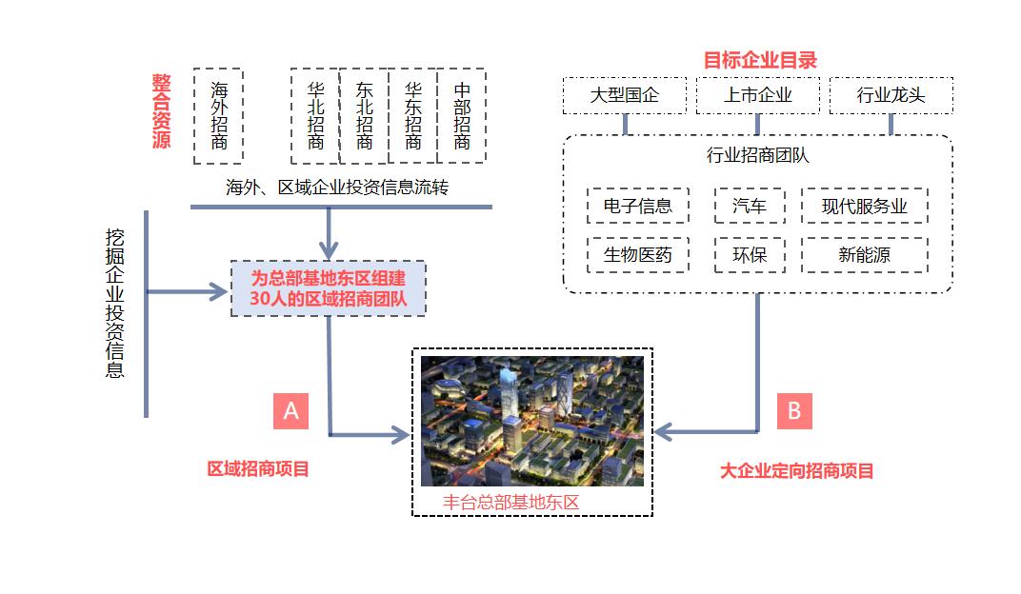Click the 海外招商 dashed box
[x=218, y=115]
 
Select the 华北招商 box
[x=315, y=115]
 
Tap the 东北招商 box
[x=364, y=115]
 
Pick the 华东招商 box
[x=412, y=115]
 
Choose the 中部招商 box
[x=462, y=115]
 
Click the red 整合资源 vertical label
[x=160, y=111]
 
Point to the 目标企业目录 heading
[x=760, y=60]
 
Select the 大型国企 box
[x=625, y=95]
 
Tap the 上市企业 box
[x=757, y=95]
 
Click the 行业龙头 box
[x=891, y=95]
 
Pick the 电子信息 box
[x=637, y=206]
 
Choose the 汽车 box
[x=749, y=206]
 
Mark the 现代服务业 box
[x=864, y=206]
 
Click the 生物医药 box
[x=637, y=255]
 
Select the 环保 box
[x=749, y=255]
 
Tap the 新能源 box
[x=864, y=255]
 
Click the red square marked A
[x=291, y=410]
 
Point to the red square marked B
[x=794, y=410]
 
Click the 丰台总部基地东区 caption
[x=511, y=503]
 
